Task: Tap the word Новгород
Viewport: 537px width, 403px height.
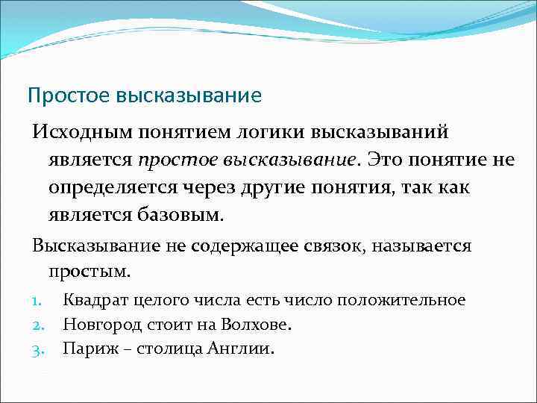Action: point(99,325)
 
